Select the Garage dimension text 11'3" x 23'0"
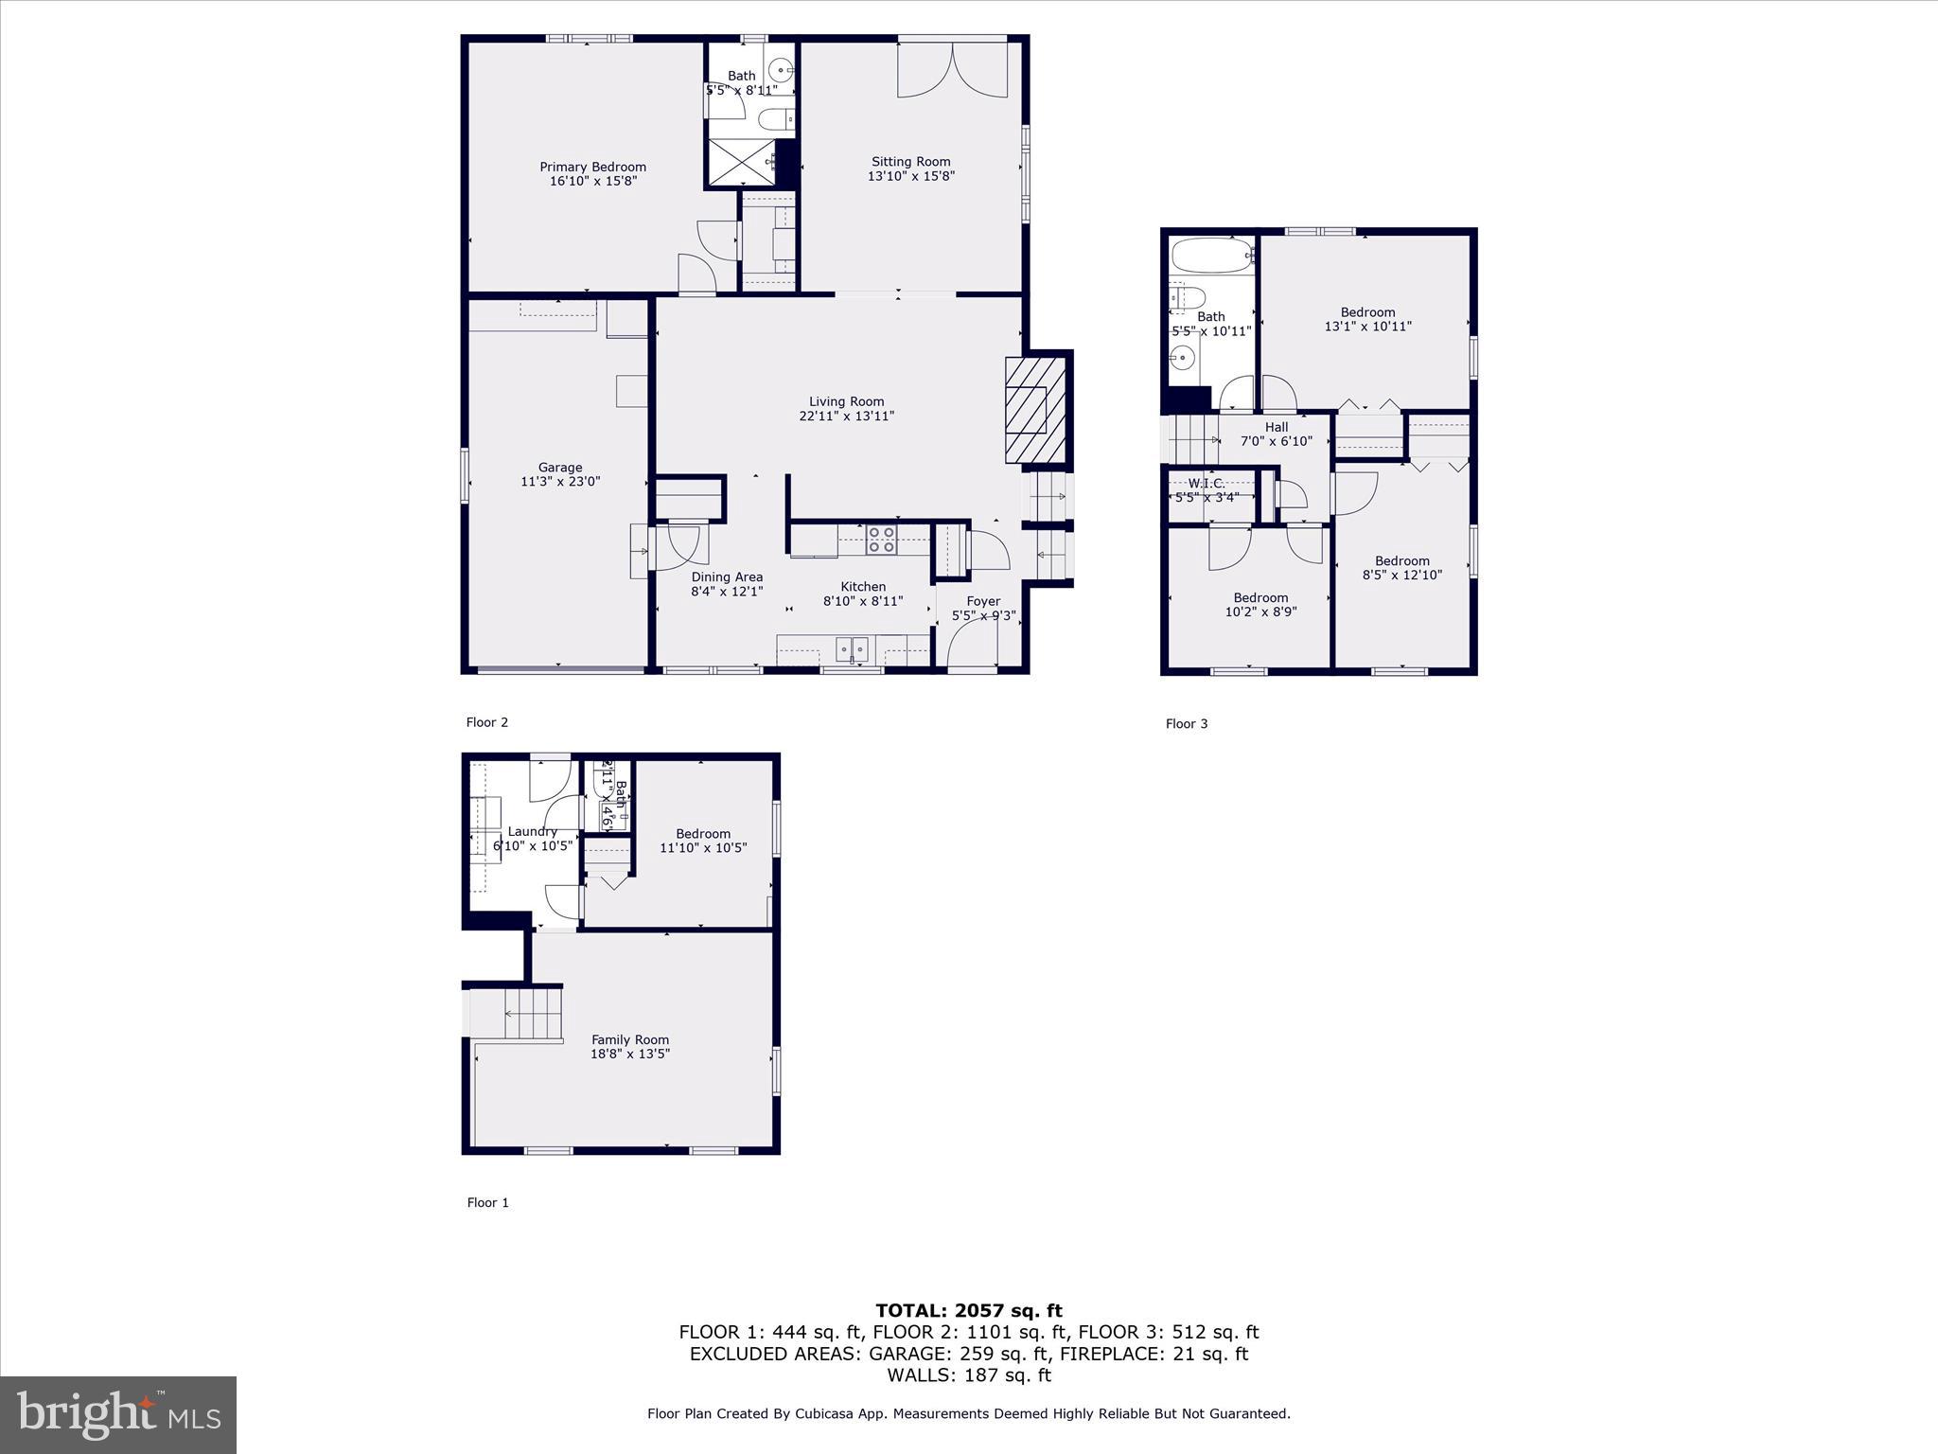pos(560,481)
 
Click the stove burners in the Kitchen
pos(882,540)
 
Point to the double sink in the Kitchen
pos(853,648)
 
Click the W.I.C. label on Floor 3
pos(1207,484)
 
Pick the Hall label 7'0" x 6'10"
pos(1276,434)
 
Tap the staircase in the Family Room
pos(533,1013)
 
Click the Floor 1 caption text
pos(487,1202)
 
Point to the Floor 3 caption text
pos(1186,723)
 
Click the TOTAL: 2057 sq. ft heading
pos(968,1310)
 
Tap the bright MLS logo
pos(118,1414)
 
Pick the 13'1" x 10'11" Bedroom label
pos(1367,319)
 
